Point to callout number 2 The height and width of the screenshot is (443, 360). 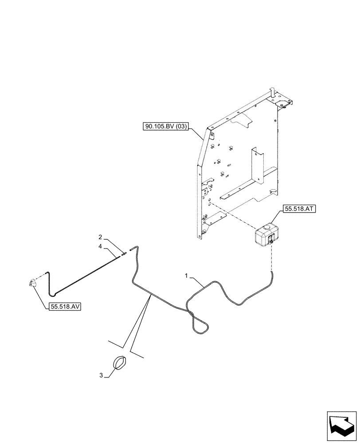coord(100,237)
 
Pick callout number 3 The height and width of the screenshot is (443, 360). coord(101,376)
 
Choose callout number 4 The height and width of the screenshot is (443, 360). coord(100,245)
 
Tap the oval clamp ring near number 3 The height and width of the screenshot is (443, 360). coord(119,362)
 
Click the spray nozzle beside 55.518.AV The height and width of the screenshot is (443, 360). coord(32,282)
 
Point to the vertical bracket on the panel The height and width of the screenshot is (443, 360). coord(256,166)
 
